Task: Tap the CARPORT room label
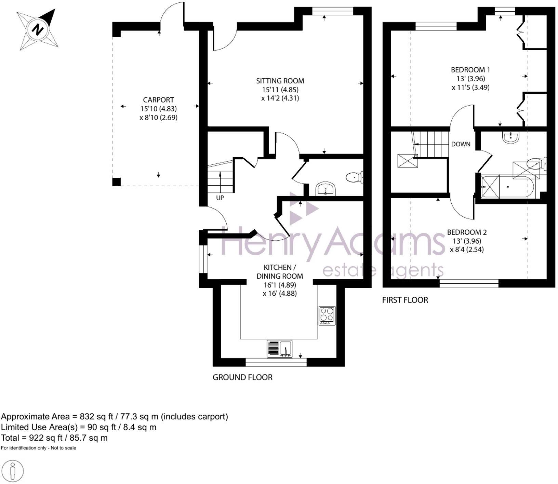point(158,100)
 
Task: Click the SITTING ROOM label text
point(280,81)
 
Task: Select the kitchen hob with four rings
point(327,316)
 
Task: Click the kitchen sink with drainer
point(279,349)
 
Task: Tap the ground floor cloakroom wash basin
point(325,189)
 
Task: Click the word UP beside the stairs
point(220,198)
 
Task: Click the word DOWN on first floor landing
point(461,144)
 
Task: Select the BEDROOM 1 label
point(470,70)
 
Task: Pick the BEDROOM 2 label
point(467,232)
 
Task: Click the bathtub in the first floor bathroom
point(508,187)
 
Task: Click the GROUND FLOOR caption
point(242,377)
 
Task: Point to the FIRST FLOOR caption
point(405,300)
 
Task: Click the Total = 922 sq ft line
point(54,438)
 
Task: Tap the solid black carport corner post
point(116,182)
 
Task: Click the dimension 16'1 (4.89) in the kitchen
point(279,285)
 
